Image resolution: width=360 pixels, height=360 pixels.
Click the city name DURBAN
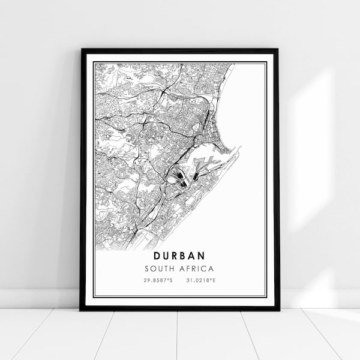pos(179,256)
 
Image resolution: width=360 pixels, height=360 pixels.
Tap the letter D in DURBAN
pos(156,256)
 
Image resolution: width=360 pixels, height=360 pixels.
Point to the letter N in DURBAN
pos(202,256)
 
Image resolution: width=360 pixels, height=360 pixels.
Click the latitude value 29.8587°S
pos(158,280)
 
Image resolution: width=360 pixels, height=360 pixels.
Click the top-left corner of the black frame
pos(82,50)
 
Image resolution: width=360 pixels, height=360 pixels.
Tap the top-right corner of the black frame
pos(278,50)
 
